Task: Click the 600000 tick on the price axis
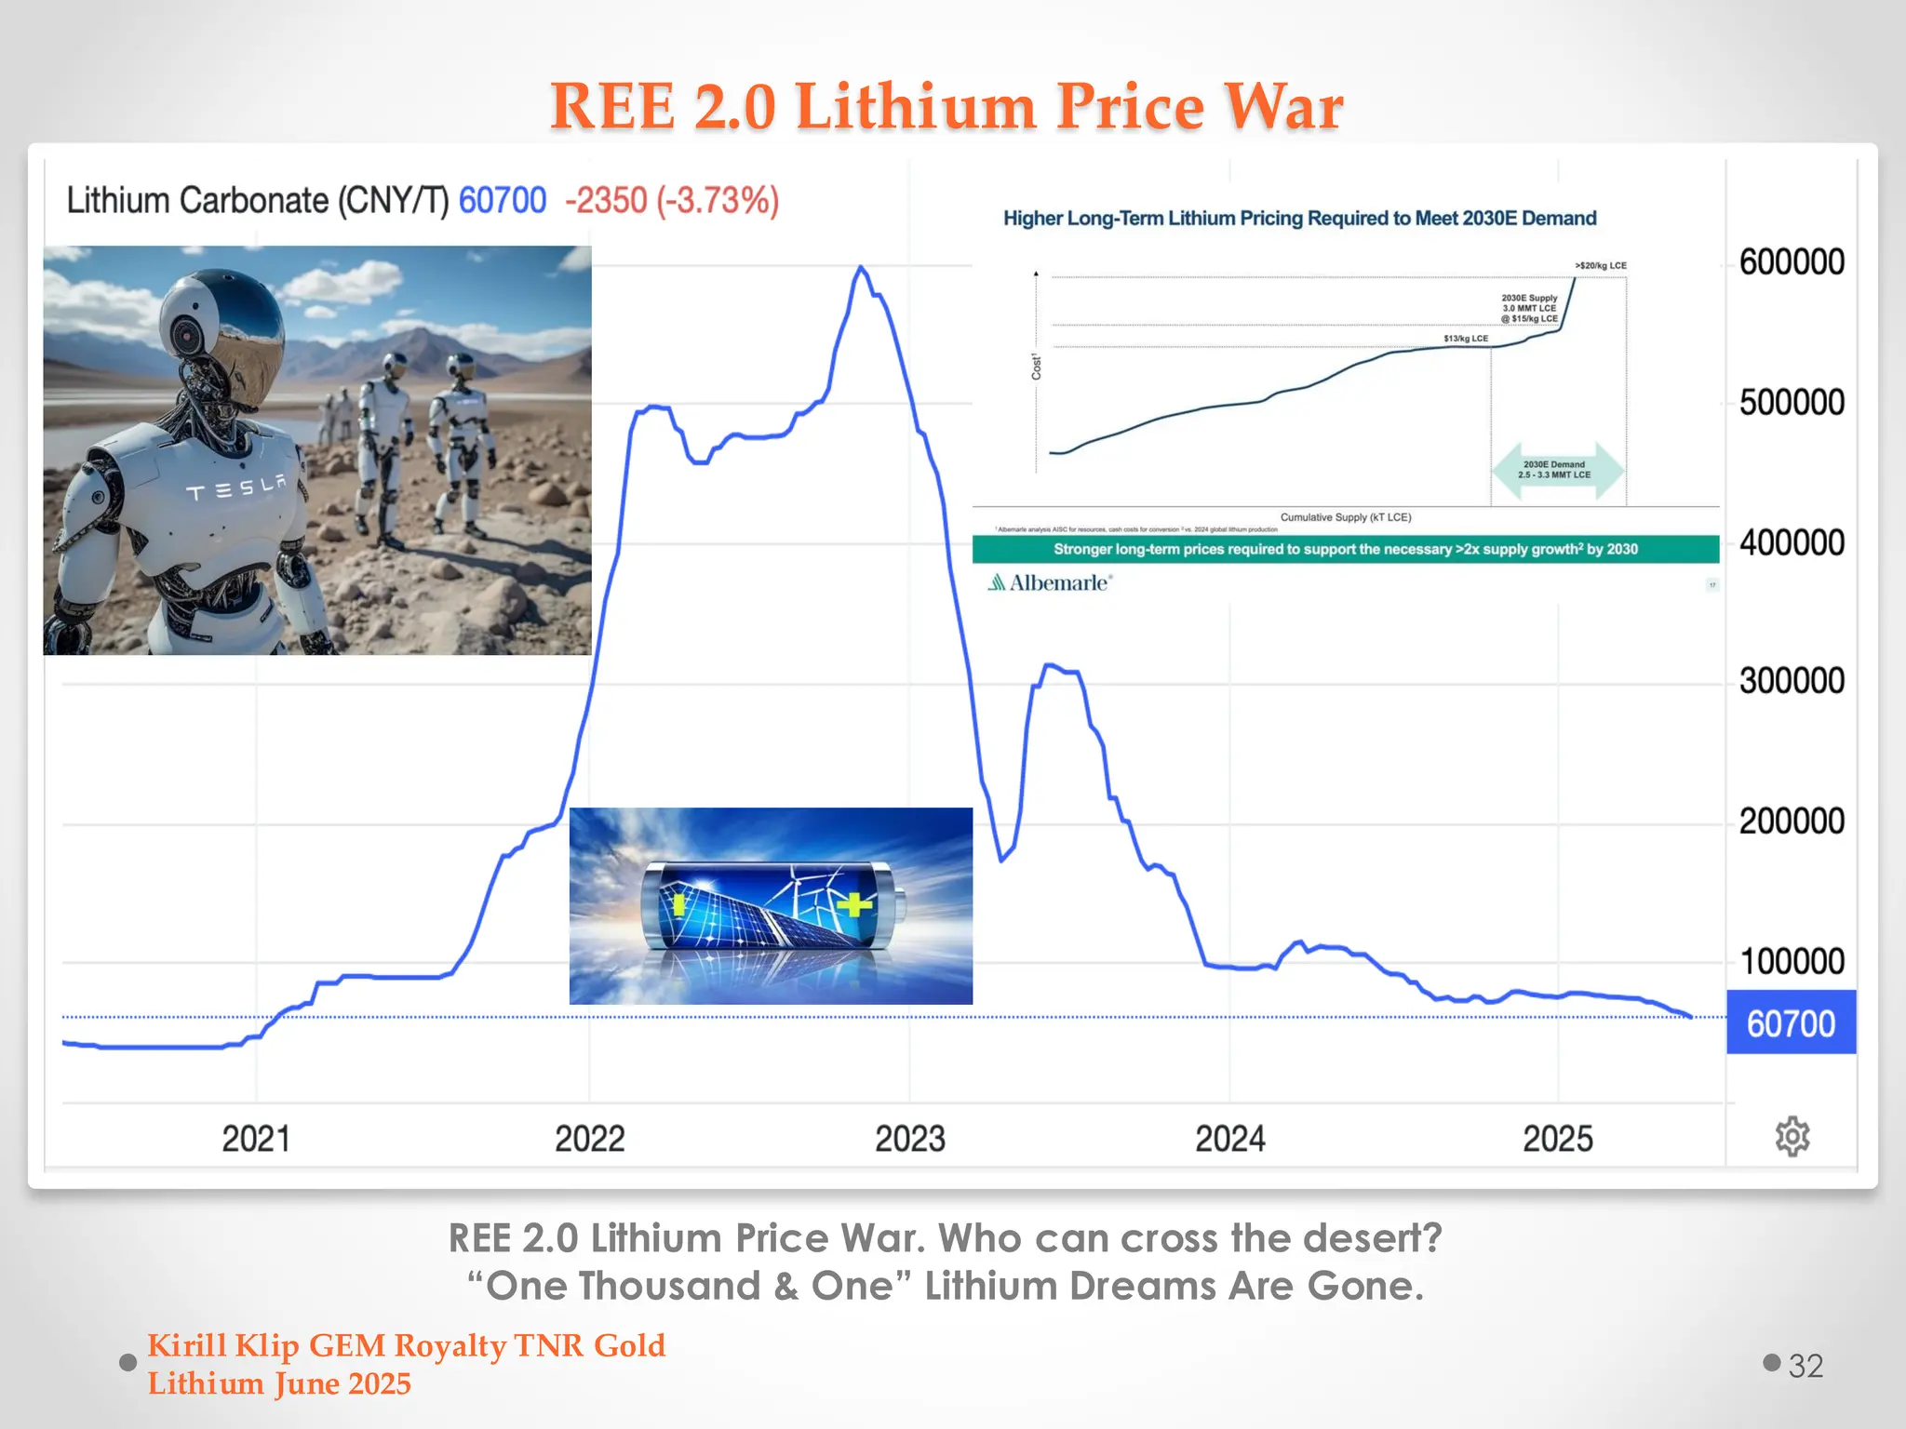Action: (x=1792, y=262)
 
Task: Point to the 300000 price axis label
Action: (x=1792, y=681)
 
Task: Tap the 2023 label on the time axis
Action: (x=909, y=1139)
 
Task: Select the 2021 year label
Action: (x=256, y=1139)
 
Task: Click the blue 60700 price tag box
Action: (x=1791, y=1022)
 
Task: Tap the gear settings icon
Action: (x=1792, y=1137)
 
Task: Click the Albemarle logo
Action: (x=1050, y=583)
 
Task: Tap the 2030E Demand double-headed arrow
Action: (x=1557, y=470)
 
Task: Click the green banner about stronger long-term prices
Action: (x=1345, y=549)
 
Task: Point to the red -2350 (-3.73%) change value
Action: (x=672, y=201)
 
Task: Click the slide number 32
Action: (x=1805, y=1366)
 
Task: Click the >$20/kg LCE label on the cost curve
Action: (x=1601, y=266)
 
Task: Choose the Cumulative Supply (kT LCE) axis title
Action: (x=1345, y=517)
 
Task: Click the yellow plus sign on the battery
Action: (x=854, y=903)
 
